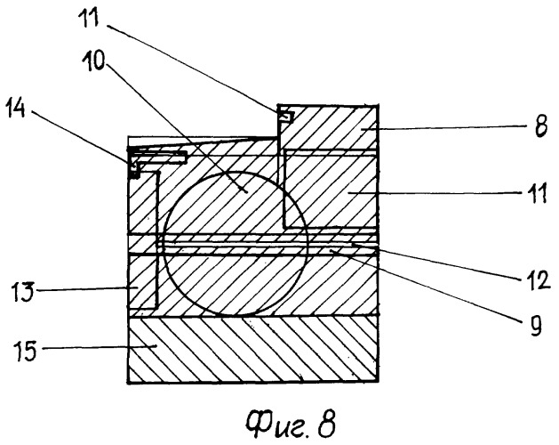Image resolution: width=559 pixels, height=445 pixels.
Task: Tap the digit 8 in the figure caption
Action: point(328,412)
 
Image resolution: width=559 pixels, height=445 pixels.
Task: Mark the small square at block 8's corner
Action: point(286,116)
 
